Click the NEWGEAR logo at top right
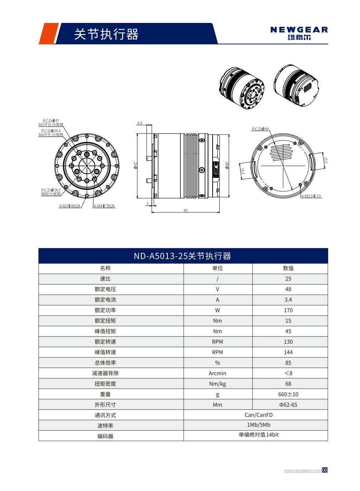click(x=299, y=33)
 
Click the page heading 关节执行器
click(x=106, y=34)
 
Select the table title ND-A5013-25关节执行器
click(x=183, y=256)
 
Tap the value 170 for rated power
click(x=288, y=310)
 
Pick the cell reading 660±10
click(x=288, y=394)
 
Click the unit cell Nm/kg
click(x=217, y=384)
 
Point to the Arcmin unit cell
click(x=217, y=373)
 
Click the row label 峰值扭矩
click(x=105, y=331)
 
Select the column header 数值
click(x=288, y=268)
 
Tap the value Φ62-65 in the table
click(x=288, y=404)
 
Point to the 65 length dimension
click(x=185, y=211)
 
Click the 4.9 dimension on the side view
click(x=140, y=123)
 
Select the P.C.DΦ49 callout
click(x=260, y=129)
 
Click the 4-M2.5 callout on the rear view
click(x=311, y=196)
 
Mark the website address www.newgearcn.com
click(x=303, y=470)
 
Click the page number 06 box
click(x=325, y=470)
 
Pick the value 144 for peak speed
click(x=288, y=352)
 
